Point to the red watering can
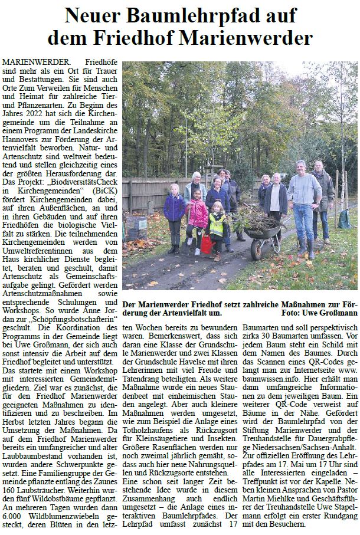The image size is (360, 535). (x=206, y=244)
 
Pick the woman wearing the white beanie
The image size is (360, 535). (x=194, y=189)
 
